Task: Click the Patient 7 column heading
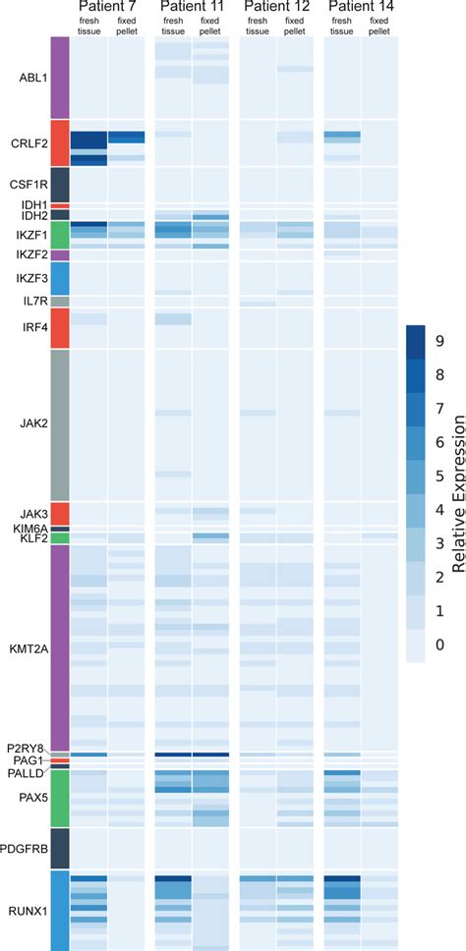[x=107, y=7]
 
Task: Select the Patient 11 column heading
[x=192, y=7]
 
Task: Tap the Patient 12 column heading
[x=276, y=7]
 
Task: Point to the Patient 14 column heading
[x=360, y=7]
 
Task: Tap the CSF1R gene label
[x=29, y=183]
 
